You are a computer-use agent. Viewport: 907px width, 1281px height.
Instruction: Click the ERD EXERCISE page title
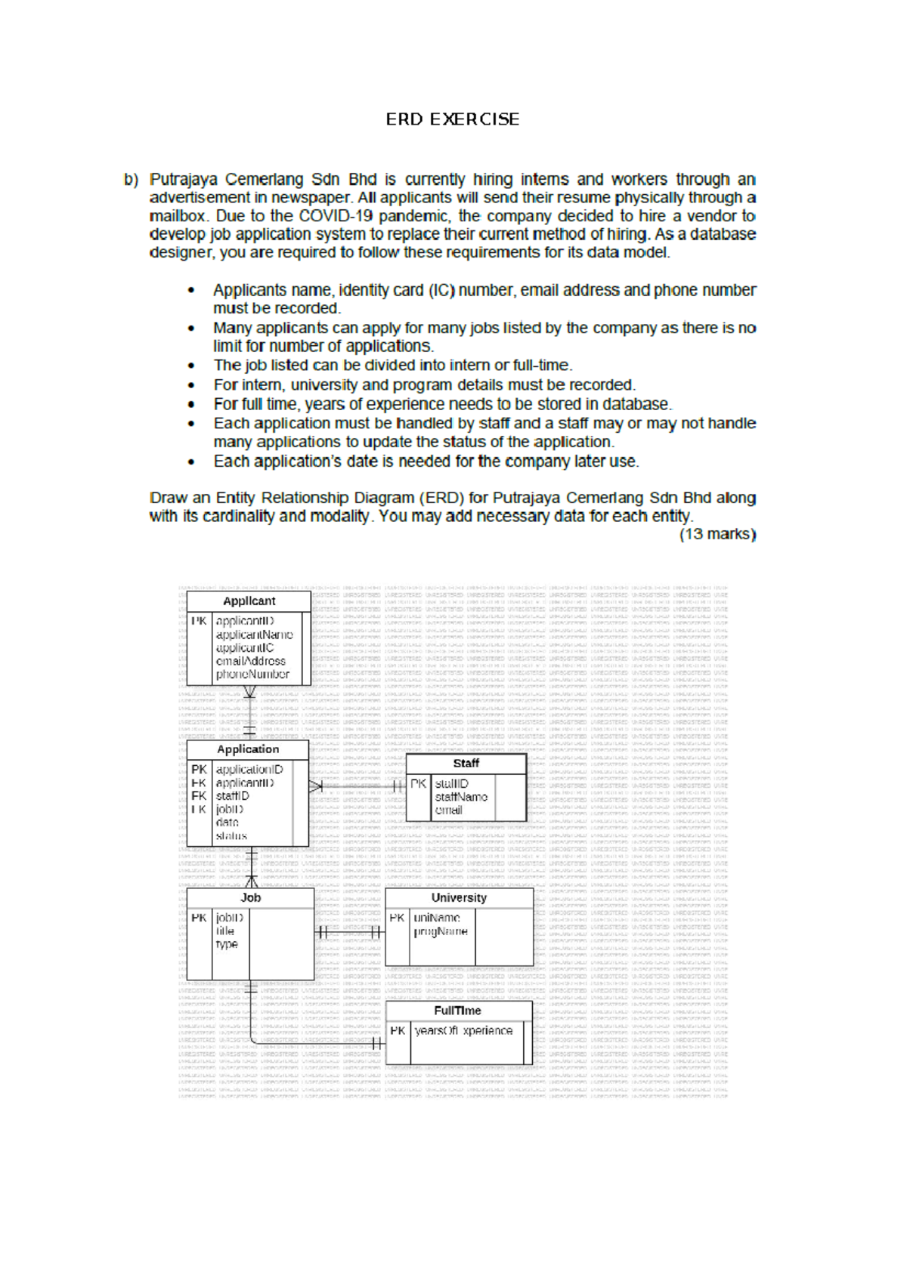[x=452, y=119]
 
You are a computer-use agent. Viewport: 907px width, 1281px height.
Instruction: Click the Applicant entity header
[x=249, y=601]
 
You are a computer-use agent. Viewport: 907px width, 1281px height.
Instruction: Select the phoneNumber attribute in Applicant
[x=252, y=674]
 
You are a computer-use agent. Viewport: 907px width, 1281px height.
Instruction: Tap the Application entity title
[x=248, y=749]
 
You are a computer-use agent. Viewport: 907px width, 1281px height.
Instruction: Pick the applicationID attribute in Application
[x=249, y=770]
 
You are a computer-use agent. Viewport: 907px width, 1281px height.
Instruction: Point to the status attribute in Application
[x=231, y=836]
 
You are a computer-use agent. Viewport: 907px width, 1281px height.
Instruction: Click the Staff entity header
[x=466, y=764]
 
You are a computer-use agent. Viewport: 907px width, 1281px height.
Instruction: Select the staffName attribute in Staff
[x=461, y=797]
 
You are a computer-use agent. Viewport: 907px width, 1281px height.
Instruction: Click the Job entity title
[x=250, y=898]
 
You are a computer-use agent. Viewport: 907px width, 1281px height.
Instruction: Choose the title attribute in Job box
[x=225, y=931]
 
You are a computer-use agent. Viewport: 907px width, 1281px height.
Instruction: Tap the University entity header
[x=459, y=898]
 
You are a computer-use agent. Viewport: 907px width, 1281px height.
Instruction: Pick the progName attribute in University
[x=441, y=932]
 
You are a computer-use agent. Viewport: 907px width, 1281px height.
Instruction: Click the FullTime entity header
[x=457, y=1011]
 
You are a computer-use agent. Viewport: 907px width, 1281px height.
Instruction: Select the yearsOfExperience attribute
[x=463, y=1031]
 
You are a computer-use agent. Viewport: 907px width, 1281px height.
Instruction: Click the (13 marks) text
[x=717, y=534]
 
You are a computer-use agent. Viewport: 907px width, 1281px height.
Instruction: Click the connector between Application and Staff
[x=358, y=786]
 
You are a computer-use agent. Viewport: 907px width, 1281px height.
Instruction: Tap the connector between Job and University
[x=349, y=932]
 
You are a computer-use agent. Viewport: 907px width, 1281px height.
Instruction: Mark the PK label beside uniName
[x=398, y=918]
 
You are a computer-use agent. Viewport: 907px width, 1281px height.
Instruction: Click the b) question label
[x=132, y=180]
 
